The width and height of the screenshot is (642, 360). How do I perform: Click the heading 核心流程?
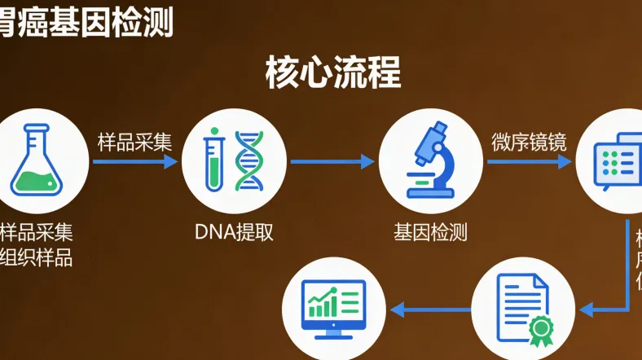(x=332, y=73)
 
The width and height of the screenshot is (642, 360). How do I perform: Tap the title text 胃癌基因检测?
(x=86, y=21)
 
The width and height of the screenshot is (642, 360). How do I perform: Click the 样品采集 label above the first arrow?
(x=134, y=141)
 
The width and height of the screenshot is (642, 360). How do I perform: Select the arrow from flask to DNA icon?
(x=134, y=161)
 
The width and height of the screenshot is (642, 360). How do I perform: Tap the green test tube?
(x=213, y=160)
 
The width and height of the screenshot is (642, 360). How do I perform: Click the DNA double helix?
(x=249, y=160)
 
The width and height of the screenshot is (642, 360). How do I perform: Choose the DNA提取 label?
(x=234, y=232)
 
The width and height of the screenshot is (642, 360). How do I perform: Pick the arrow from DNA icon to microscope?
(x=332, y=161)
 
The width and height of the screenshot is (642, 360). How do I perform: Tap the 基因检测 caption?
(x=430, y=232)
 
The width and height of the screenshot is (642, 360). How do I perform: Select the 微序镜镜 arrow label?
(x=528, y=141)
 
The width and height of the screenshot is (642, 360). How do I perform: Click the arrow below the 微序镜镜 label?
(x=529, y=161)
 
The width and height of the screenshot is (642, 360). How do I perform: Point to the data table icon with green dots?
(x=618, y=160)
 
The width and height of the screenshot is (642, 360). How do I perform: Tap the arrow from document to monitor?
(x=430, y=309)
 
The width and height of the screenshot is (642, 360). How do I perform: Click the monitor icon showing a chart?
(x=332, y=308)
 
